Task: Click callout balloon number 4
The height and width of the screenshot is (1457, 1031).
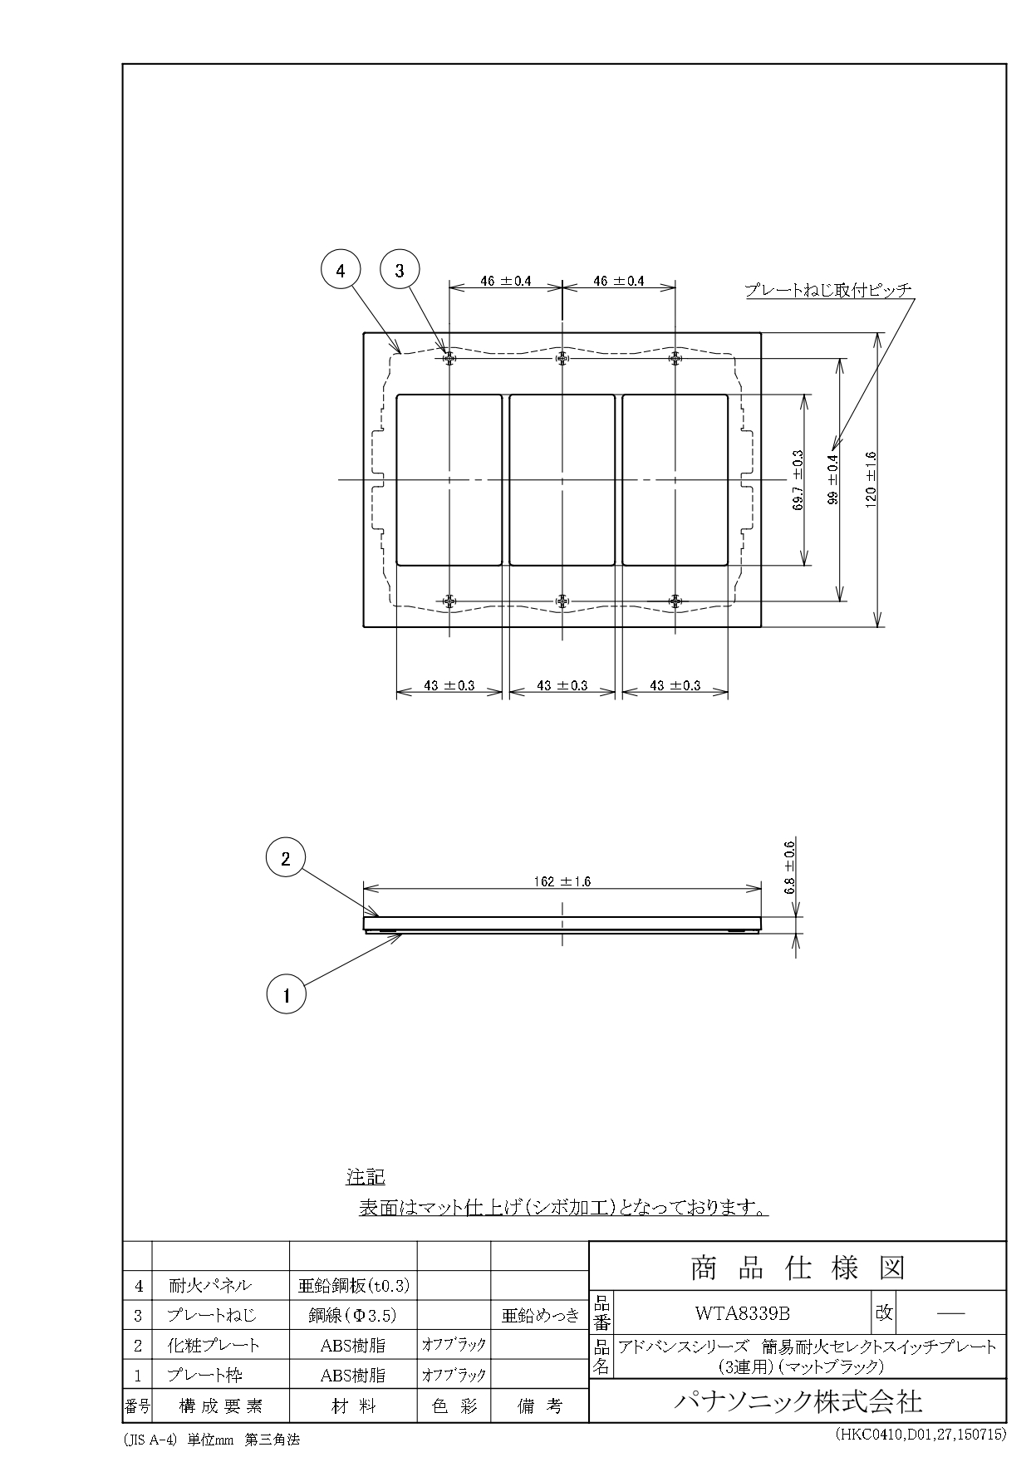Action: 341,270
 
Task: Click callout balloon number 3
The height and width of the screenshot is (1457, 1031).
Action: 399,270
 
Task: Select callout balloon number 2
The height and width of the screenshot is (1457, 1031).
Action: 286,860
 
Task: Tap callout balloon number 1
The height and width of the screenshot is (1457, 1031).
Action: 287,994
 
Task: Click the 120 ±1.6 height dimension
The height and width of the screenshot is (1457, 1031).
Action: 871,479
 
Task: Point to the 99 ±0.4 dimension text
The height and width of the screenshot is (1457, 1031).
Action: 833,479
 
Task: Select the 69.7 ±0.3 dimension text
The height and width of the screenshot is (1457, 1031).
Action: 798,479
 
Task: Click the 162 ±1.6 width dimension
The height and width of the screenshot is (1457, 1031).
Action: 562,881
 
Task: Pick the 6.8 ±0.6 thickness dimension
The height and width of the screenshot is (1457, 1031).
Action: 790,866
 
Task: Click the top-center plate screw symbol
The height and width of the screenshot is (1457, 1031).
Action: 562,358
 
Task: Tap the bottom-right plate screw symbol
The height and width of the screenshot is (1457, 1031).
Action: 675,601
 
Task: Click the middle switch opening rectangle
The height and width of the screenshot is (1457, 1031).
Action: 562,480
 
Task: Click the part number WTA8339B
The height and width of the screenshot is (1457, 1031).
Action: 742,1313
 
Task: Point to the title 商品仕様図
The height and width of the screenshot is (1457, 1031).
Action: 797,1268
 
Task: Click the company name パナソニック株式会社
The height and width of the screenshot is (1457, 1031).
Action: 797,1401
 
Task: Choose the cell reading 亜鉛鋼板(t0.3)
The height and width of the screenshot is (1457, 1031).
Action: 353,1285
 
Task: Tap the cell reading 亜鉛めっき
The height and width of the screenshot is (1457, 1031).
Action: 540,1315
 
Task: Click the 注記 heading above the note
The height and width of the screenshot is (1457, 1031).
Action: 366,1177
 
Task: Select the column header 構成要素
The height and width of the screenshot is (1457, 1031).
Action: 220,1406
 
